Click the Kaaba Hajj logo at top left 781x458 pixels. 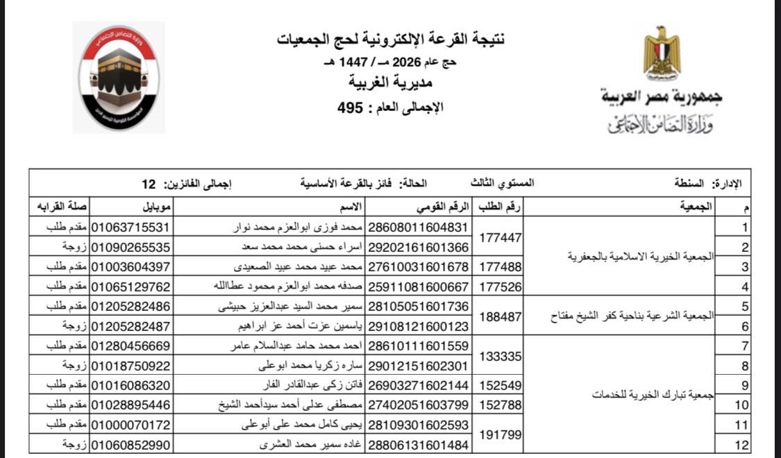(118, 77)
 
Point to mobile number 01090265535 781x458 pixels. (131, 247)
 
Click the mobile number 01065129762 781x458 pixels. (131, 286)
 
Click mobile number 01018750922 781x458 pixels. (131, 365)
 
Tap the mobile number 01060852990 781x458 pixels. (131, 443)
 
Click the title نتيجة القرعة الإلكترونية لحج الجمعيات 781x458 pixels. (390, 40)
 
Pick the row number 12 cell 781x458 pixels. (744, 444)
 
